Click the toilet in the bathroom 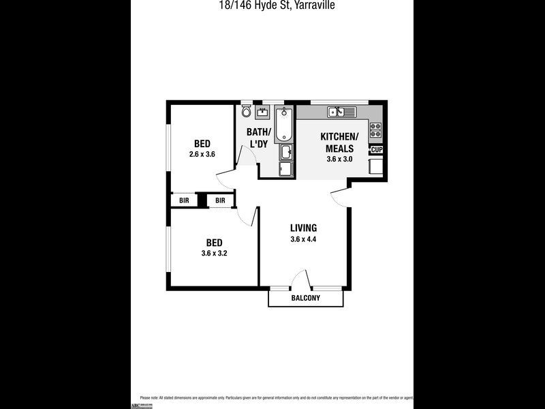pos(246,111)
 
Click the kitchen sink pos(337,112)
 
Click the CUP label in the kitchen pos(377,149)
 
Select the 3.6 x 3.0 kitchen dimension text pos(339,159)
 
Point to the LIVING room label pos(303,228)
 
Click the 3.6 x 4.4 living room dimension pos(303,239)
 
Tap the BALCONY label pos(305,299)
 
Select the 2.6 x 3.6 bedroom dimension pos(202,154)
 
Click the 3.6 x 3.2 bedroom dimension pos(214,254)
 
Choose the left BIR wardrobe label pos(184,200)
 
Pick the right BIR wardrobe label pos(220,200)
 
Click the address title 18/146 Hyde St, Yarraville pos(272,5)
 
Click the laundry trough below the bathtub pos(286,151)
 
